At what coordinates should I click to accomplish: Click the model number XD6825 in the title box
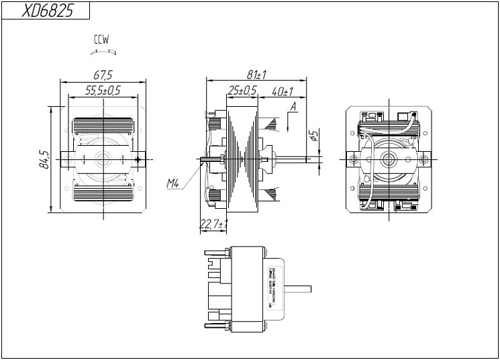tap(44, 11)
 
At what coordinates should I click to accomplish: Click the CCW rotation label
tap(101, 40)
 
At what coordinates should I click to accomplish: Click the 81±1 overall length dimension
tap(256, 73)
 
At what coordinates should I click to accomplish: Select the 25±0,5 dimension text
tap(242, 91)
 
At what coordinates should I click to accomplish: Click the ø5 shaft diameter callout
tap(313, 137)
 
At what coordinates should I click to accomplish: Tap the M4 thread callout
tap(173, 183)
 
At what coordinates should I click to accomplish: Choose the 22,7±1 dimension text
tap(215, 224)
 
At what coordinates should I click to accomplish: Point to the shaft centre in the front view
tap(103, 159)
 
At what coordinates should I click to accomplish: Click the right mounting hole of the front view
tap(138, 159)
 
